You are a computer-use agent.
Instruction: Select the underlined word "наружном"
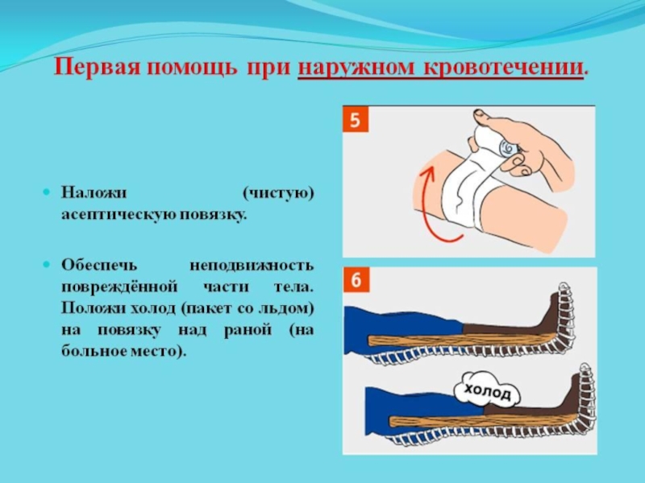click(356, 68)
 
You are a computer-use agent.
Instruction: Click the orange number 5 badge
click(356, 119)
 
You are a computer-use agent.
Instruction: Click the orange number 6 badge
click(356, 279)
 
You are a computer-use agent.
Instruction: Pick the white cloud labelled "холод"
click(487, 391)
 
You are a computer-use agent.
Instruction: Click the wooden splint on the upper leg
click(460, 340)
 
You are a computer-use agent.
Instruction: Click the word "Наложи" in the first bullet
click(94, 192)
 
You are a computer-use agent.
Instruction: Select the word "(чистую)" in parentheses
click(277, 193)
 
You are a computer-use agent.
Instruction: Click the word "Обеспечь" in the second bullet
click(98, 266)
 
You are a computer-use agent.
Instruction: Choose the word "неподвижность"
click(252, 266)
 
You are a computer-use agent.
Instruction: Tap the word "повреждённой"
click(119, 287)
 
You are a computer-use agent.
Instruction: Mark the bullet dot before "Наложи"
click(47, 192)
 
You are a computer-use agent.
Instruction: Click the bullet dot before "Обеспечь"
click(47, 265)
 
